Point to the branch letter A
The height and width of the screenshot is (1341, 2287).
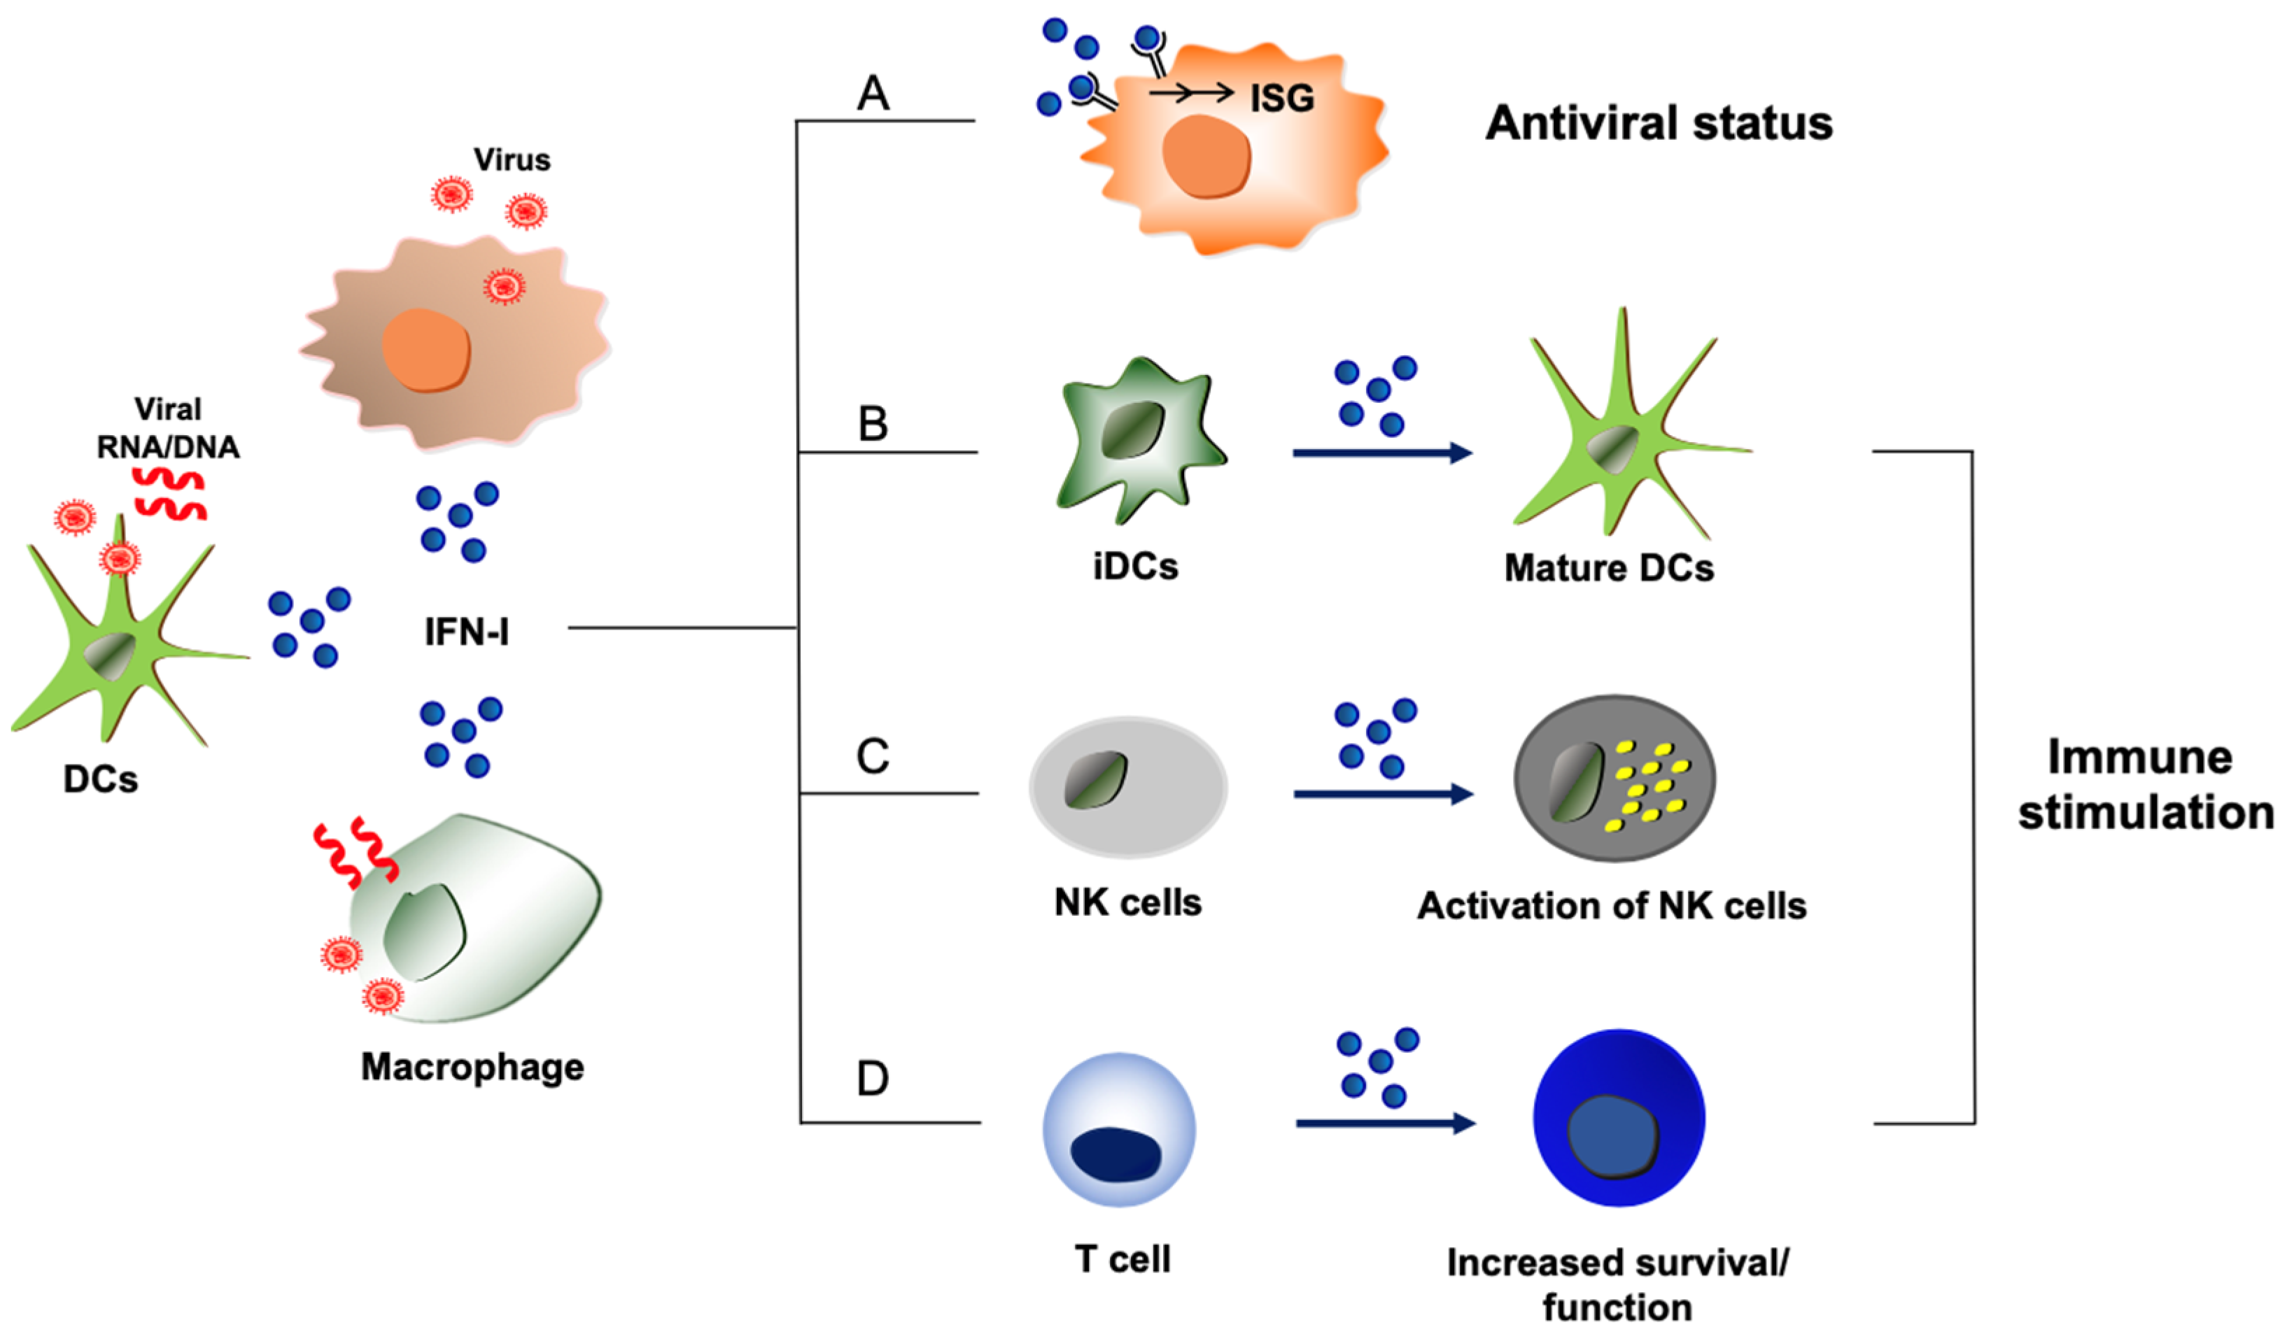click(x=873, y=92)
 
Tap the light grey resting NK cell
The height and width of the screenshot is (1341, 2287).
click(x=1128, y=787)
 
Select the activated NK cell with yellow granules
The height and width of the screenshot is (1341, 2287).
click(x=1614, y=779)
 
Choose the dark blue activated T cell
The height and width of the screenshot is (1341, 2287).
click(x=1618, y=1118)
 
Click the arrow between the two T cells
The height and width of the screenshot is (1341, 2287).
click(x=1385, y=1123)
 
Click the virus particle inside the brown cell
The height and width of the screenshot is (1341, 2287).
click(x=504, y=287)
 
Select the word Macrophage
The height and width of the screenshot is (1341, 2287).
click(x=472, y=1067)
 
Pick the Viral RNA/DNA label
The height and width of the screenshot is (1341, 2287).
click(x=168, y=428)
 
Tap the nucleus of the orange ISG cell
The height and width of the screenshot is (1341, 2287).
click(x=1206, y=156)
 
